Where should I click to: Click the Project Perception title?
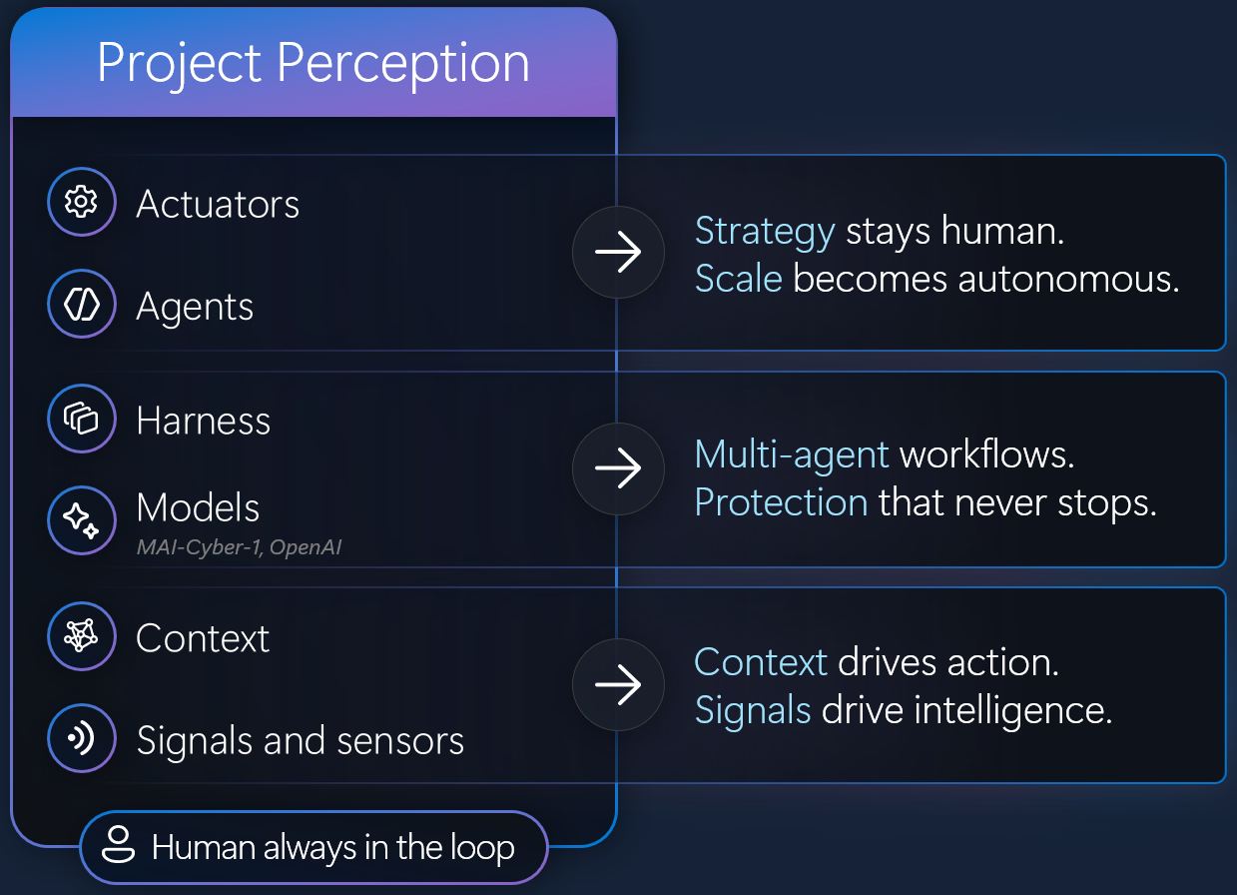313,64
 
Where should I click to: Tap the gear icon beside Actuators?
81,202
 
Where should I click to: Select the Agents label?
195,308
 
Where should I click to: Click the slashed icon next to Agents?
82,304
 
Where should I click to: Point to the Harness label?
204,421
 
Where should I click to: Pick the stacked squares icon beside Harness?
81,419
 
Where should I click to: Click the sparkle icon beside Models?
81,520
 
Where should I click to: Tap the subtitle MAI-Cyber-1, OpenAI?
240,547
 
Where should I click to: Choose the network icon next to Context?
81,636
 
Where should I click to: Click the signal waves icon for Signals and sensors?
81,737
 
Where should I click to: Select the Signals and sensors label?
301,741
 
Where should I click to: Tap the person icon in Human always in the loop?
118,845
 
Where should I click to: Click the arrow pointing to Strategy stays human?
618,252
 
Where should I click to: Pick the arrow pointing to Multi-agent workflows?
618,468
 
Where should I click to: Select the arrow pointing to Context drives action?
618,685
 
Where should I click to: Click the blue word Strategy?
765,232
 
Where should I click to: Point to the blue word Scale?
739,279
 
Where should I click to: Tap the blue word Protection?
782,502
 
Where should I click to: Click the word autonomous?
1068,280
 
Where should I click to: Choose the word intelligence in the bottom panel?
1012,711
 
